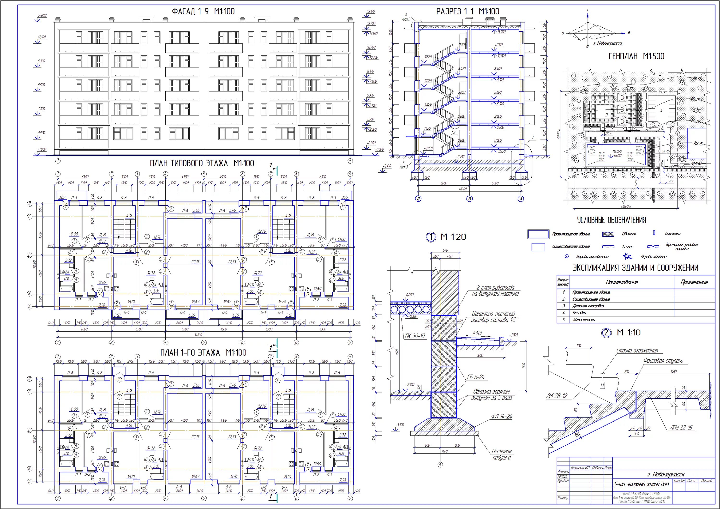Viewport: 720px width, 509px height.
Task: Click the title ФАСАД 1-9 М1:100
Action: [x=203, y=12]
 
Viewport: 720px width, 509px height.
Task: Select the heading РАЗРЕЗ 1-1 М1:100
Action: [x=468, y=12]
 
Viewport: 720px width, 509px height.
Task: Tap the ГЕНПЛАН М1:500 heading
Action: [x=636, y=56]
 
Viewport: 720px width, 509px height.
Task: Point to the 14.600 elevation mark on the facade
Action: [x=42, y=16]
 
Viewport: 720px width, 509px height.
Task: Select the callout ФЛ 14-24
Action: [x=502, y=417]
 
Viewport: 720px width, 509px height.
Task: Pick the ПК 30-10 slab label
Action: [x=414, y=336]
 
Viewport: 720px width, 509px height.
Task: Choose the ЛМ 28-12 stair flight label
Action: [x=557, y=396]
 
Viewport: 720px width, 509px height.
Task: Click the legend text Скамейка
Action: [x=673, y=233]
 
